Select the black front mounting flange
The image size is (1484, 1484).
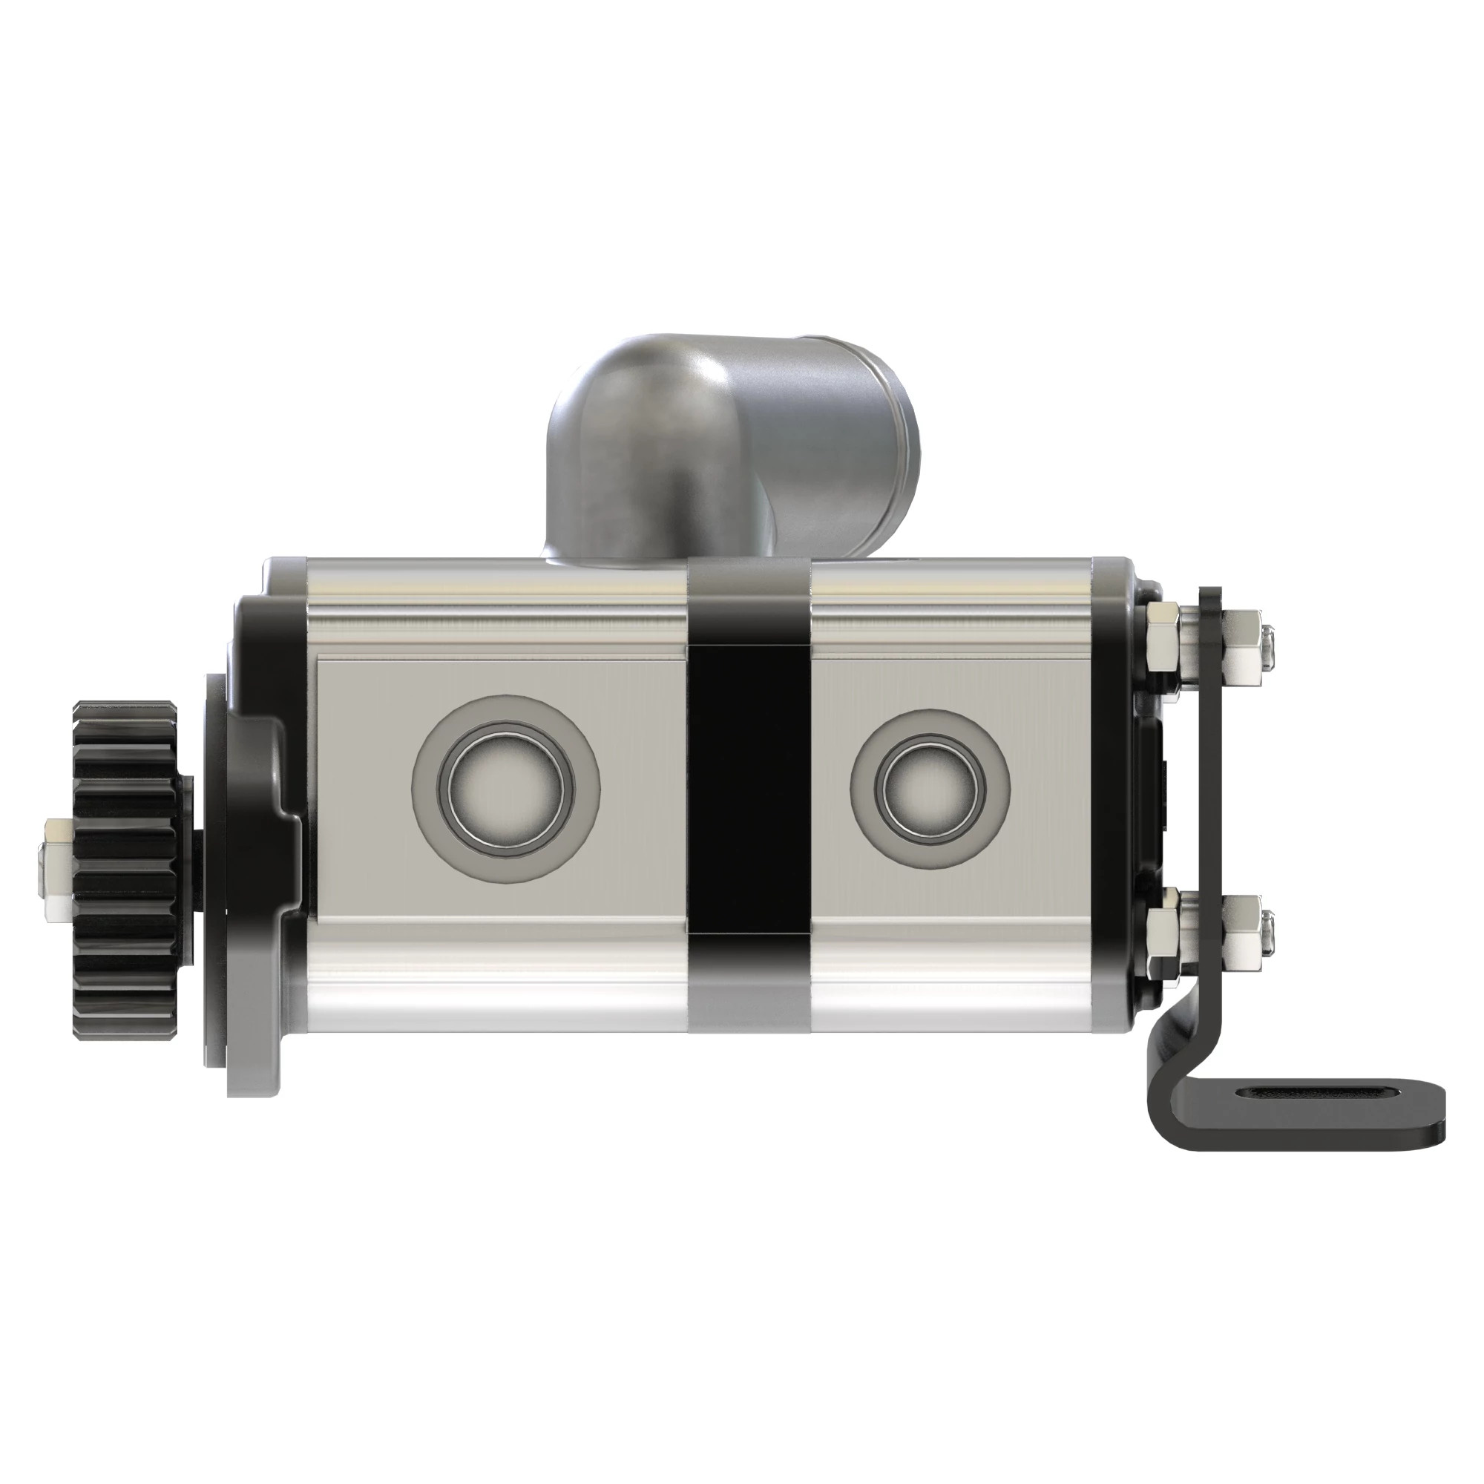pos(261,845)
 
